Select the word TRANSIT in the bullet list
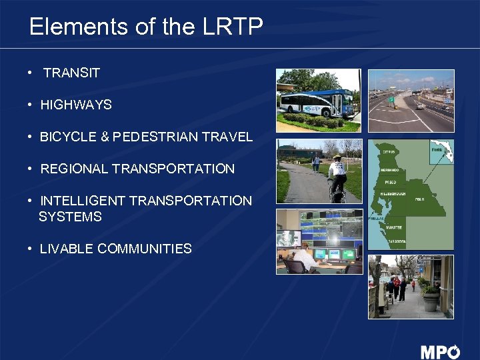point(71,73)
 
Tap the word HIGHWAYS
point(76,105)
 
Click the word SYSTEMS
point(70,217)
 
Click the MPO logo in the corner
point(440,351)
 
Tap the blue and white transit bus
point(317,103)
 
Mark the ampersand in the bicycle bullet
point(103,137)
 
